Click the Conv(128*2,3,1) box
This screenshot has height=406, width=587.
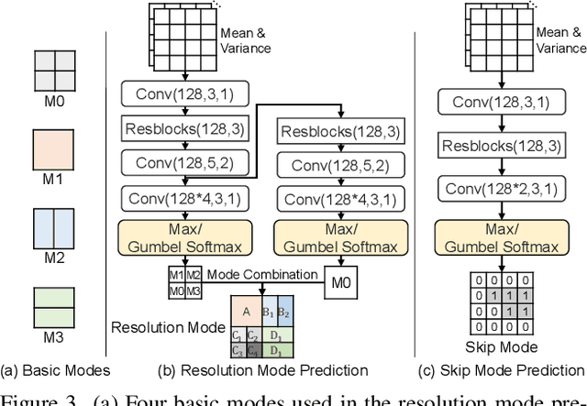502,188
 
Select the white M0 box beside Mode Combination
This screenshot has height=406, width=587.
339,281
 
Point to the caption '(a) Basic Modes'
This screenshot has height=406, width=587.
55,370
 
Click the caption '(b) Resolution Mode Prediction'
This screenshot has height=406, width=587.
263,370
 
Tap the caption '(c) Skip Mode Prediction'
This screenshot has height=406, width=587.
502,370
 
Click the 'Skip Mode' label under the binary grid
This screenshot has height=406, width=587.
502,347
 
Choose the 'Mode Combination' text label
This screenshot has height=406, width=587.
262,273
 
